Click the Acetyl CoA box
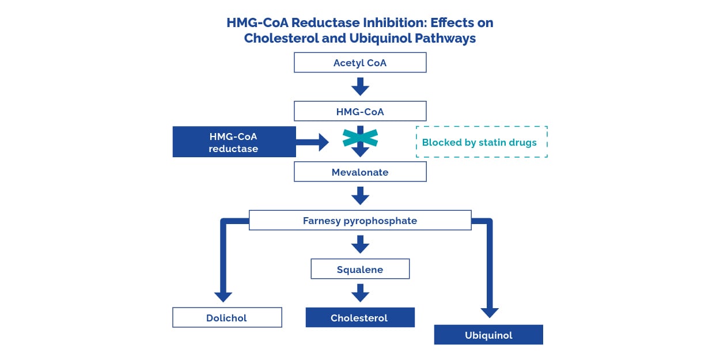(360, 63)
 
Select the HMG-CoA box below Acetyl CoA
(360, 111)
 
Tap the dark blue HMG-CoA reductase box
(234, 142)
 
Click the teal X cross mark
(360, 138)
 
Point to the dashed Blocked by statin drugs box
(481, 142)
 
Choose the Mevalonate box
(360, 172)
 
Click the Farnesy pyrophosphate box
(360, 221)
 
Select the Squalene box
(360, 269)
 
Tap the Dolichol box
(227, 317)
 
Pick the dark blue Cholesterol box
(360, 317)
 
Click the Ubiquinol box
(488, 335)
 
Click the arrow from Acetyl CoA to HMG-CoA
(360, 86)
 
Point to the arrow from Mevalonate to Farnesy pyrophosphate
(360, 195)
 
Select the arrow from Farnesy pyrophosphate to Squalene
(360, 244)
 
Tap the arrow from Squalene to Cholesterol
(360, 293)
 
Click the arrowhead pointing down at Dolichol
(223, 296)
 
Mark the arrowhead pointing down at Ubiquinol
(490, 312)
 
